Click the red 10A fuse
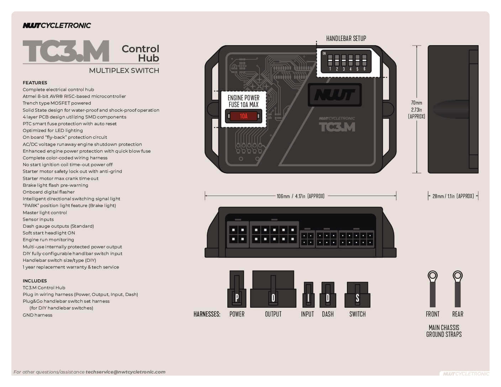243,116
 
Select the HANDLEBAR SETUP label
346,38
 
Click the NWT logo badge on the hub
334,95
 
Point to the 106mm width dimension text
300,196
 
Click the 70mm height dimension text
416,110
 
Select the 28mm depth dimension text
453,196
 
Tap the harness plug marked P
237,289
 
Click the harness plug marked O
273,289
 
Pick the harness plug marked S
357,295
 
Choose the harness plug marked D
328,295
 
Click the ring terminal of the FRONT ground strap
432,276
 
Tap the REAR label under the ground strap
458,314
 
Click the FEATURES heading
35,83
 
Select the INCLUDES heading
35,281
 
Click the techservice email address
125,372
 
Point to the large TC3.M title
66,51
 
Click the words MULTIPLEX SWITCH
124,70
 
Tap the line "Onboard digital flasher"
49,192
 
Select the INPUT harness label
307,314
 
